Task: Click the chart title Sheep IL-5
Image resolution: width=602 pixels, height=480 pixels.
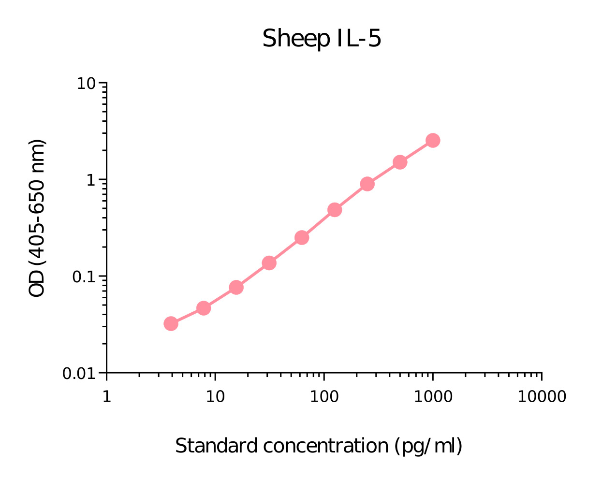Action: pos(322,39)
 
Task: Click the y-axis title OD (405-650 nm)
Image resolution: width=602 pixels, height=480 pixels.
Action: pos(37,218)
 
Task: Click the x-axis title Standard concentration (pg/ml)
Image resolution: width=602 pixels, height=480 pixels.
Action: pos(319,446)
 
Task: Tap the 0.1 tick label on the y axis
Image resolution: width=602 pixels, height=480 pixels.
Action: pos(83,277)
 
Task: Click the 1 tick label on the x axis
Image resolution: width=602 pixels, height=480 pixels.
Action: pos(106,397)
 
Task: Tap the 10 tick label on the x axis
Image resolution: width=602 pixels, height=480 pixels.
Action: pos(215,397)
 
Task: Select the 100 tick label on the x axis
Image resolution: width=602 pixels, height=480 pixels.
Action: pos(324,397)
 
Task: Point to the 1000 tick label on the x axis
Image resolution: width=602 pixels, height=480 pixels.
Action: pos(433,397)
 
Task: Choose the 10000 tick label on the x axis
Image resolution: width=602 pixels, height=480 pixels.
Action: pos(542,397)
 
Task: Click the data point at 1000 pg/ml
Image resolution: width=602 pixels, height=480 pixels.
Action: pos(433,141)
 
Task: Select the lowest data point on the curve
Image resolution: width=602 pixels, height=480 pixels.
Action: pos(171,323)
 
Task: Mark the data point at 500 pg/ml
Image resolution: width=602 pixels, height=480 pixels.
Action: pos(400,162)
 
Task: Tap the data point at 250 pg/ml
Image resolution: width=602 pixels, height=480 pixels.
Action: pos(367,184)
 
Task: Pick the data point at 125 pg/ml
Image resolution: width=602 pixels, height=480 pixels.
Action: pos(335,210)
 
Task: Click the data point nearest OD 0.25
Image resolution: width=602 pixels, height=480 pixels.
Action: pos(302,237)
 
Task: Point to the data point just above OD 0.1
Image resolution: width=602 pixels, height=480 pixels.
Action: pos(269,263)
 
